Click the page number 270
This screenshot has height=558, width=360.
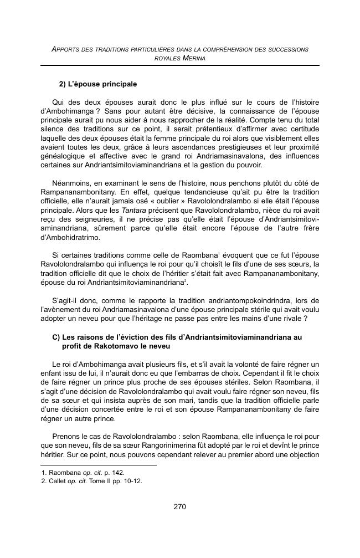pos(179,506)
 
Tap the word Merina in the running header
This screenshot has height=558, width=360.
pos(194,58)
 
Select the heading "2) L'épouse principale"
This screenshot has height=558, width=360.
pos(97,84)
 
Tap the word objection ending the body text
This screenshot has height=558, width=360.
pos(301,454)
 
